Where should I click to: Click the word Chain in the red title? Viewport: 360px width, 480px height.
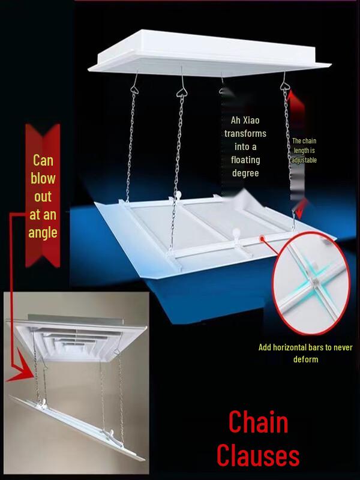tap(258, 423)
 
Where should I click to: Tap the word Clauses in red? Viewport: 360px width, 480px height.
tap(258, 456)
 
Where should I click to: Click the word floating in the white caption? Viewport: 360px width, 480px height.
tap(245, 160)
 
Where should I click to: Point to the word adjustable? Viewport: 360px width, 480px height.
tap(304, 160)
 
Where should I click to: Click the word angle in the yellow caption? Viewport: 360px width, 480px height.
tap(43, 232)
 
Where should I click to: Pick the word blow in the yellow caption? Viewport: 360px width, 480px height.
tap(43, 178)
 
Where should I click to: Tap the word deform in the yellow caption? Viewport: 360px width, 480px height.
tap(306, 359)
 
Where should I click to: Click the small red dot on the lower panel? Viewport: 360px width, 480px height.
tap(262, 239)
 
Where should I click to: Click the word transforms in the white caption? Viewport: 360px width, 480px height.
tap(245, 133)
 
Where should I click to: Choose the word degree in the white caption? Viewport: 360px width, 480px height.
tap(245, 173)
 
